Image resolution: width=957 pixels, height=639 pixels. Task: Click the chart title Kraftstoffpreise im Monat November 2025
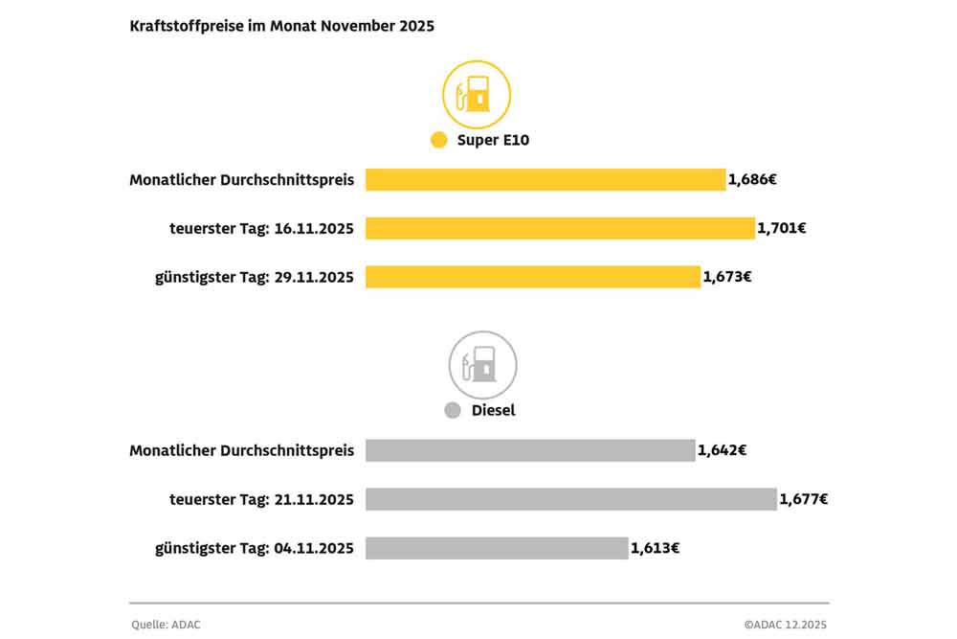coord(281,27)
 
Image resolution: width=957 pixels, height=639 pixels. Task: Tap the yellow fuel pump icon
coord(476,95)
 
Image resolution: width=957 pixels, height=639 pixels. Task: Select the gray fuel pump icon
coord(482,365)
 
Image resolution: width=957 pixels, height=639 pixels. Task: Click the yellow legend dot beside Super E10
coord(439,141)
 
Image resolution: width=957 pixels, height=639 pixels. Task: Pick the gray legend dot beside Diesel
coord(453,411)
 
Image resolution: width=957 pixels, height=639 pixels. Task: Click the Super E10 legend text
coord(493,141)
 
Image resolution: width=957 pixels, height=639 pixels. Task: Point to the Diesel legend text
coord(493,411)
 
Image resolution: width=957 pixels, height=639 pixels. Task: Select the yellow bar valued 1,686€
coord(545,180)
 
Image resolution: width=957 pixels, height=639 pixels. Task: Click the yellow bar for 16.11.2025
coord(560,229)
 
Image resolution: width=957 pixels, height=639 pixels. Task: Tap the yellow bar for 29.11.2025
coord(533,277)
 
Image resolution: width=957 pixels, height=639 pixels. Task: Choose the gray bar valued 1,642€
coord(530,450)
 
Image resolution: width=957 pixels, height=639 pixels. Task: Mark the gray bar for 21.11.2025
coord(570,499)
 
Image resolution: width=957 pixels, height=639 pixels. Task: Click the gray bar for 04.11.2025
coord(497,548)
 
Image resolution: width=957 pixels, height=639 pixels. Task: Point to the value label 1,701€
coord(781,229)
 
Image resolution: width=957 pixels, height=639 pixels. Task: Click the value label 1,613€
coord(655,548)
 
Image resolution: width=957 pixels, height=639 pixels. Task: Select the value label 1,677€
coord(803,499)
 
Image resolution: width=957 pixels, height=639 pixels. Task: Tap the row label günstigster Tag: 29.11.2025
coord(255,277)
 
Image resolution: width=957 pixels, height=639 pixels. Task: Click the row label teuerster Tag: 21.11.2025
coord(262,499)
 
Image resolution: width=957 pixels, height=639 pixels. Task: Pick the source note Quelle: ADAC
coord(167,625)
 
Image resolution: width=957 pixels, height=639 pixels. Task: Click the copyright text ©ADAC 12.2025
coord(785,625)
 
